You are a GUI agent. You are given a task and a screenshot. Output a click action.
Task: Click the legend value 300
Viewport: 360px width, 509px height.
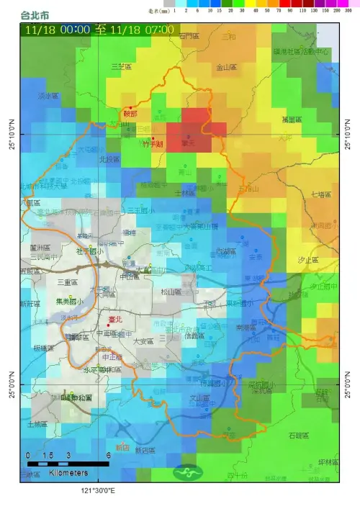347,12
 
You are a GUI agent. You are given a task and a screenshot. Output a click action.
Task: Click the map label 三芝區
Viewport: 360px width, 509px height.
122,66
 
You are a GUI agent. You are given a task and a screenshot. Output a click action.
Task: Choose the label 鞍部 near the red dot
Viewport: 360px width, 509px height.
130,113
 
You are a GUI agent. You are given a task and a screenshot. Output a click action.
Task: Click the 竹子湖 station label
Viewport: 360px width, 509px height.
153,144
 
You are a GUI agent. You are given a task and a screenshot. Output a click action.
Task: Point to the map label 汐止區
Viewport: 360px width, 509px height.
308,258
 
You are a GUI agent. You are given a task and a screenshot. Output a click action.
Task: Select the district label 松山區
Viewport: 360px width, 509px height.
171,292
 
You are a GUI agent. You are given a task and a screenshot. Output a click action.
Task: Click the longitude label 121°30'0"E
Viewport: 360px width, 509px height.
98,491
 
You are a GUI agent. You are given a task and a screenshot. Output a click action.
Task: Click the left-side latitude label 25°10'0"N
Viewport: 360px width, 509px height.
11,135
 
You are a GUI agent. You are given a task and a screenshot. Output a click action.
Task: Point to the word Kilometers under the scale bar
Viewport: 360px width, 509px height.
69,473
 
